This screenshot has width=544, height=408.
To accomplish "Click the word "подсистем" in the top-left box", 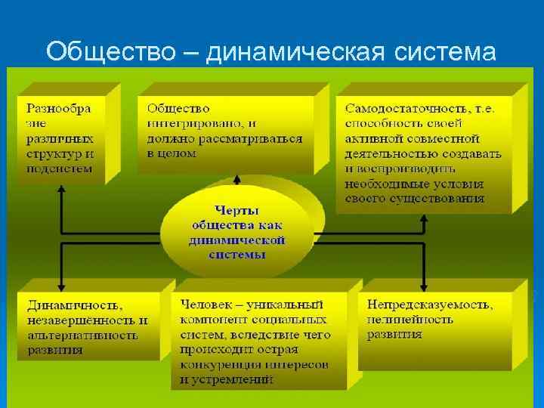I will [x=60, y=168].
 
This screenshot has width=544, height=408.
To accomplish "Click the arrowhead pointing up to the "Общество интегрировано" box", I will [x=236, y=180].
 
